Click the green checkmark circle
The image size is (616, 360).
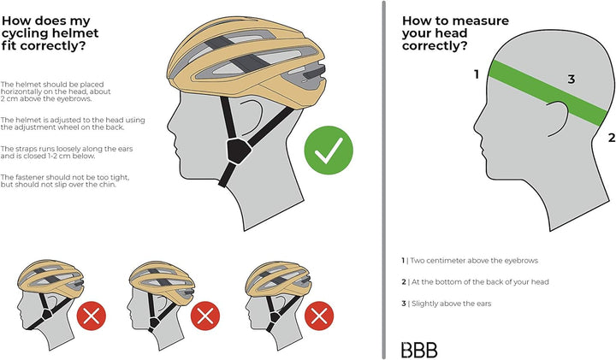[x=329, y=150]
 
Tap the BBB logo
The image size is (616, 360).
[x=419, y=350]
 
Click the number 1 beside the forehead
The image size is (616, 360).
[x=477, y=74]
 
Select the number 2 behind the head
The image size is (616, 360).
[x=611, y=138]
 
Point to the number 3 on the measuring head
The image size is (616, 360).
[x=572, y=80]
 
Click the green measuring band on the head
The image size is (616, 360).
[x=548, y=92]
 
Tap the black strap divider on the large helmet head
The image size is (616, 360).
[x=238, y=151]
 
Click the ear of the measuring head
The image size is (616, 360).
[x=558, y=119]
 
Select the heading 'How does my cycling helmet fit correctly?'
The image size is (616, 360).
[x=50, y=33]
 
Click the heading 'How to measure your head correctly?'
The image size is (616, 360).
[x=455, y=33]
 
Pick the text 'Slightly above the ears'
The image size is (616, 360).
[x=447, y=304]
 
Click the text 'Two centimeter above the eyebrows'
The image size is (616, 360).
[x=470, y=261]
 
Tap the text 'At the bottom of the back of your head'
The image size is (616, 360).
[x=475, y=282]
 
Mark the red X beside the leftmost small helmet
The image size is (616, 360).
[x=92, y=316]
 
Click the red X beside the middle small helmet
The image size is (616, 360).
[x=205, y=316]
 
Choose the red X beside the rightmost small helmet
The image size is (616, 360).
[x=319, y=316]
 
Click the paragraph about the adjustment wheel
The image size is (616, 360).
[x=73, y=124]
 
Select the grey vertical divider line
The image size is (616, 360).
[x=383, y=180]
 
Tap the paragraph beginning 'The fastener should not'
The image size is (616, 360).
[x=65, y=181]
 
